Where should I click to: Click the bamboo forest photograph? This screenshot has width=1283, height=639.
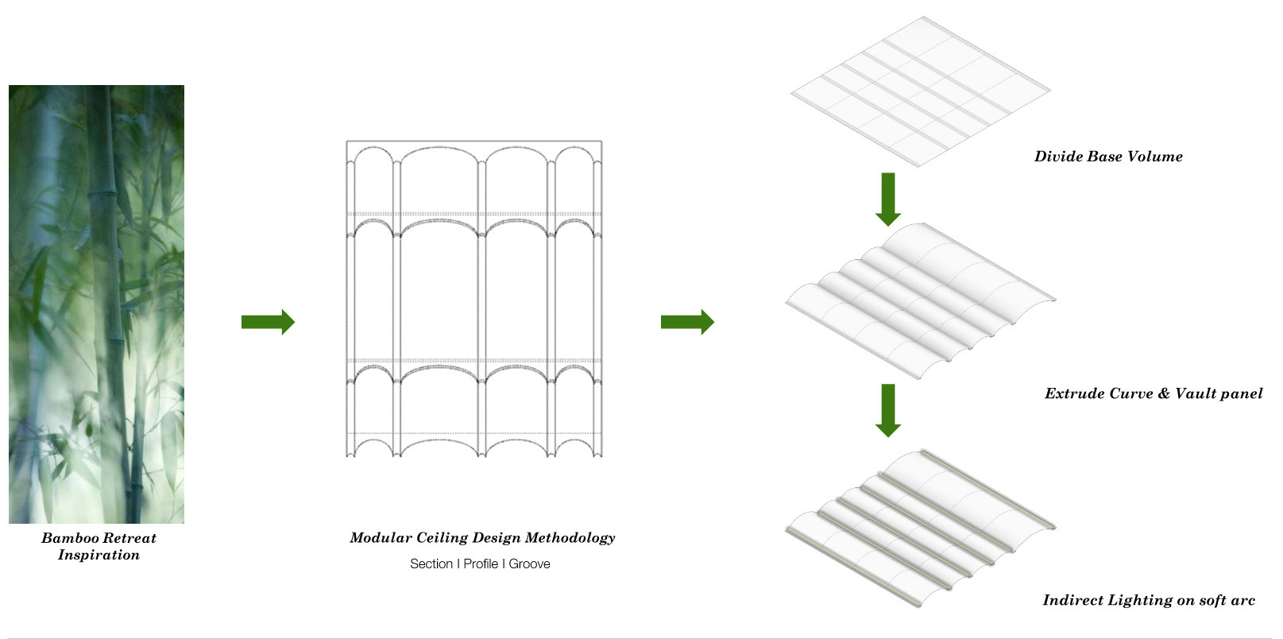pyautogui.click(x=96, y=304)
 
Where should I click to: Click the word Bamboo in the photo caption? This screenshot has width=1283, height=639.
pyautogui.click(x=70, y=538)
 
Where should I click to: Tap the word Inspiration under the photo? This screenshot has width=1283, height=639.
pyautogui.click(x=99, y=555)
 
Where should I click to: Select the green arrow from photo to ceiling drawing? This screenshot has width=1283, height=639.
pyautogui.click(x=268, y=322)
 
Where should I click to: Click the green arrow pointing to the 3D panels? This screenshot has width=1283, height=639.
pyautogui.click(x=687, y=322)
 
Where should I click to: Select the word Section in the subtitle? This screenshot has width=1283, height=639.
pyautogui.click(x=431, y=563)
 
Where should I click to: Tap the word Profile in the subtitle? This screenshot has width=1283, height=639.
pyautogui.click(x=481, y=563)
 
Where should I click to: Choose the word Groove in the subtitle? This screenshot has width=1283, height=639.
pyautogui.click(x=529, y=563)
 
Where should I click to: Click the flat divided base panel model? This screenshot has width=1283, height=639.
pyautogui.click(x=921, y=91)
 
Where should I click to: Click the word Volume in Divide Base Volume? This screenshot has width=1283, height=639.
pyautogui.click(x=1154, y=157)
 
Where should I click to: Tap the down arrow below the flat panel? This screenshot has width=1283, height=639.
pyautogui.click(x=887, y=199)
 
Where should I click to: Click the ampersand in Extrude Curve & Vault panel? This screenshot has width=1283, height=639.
pyautogui.click(x=1164, y=393)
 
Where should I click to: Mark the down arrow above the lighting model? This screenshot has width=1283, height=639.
pyautogui.click(x=887, y=410)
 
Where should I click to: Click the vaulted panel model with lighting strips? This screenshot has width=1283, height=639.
pyautogui.click(x=920, y=529)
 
